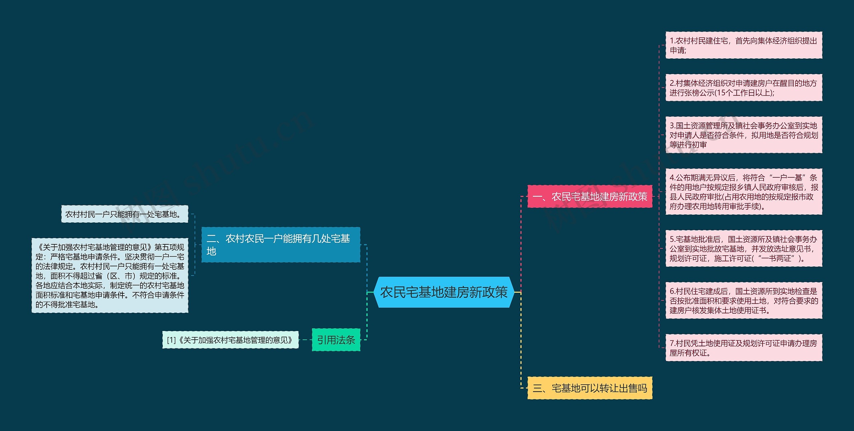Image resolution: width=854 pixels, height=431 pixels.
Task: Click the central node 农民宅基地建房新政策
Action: [x=444, y=292]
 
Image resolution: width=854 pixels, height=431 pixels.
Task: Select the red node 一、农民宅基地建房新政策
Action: [x=589, y=197]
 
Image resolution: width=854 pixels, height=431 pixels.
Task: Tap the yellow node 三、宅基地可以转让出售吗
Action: [x=589, y=388]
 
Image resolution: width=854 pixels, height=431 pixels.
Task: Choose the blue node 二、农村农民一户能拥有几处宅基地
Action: [x=281, y=245]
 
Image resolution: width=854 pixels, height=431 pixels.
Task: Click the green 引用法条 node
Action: [x=336, y=340]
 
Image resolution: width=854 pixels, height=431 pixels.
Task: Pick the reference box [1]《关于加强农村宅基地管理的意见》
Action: [x=230, y=340]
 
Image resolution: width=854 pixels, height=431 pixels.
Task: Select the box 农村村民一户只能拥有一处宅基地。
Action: [x=124, y=214]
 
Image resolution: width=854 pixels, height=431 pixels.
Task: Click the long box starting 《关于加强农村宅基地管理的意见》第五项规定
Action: [x=110, y=276]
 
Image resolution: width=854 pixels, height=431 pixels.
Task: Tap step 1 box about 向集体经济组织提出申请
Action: [x=744, y=45]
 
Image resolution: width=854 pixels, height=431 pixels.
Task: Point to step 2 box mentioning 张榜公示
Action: [x=744, y=88]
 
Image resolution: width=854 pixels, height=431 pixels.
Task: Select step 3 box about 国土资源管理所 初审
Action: [x=744, y=135]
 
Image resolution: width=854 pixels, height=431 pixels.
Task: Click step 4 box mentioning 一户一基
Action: [x=744, y=192]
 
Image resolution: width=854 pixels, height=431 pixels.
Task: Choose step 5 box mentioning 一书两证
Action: [x=744, y=249]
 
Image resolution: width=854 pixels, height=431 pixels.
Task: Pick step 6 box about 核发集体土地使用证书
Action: [x=744, y=301]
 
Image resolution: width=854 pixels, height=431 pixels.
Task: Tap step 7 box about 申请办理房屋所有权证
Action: [x=744, y=348]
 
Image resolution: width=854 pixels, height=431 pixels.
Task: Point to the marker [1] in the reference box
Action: [x=171, y=340]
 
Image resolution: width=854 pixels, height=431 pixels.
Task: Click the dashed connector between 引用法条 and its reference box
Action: [x=305, y=340]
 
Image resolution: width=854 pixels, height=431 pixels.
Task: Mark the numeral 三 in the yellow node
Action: [x=537, y=388]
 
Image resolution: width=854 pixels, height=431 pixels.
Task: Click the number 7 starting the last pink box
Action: [x=672, y=343]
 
